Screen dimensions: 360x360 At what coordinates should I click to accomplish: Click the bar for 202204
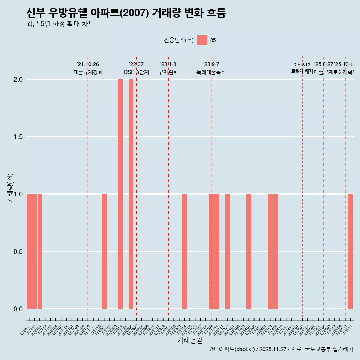pos(120,194)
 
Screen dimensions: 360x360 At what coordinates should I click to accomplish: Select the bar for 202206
pos(131,194)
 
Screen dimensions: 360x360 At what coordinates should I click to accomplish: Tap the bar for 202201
pos(104,251)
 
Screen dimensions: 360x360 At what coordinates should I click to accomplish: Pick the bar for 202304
pos(184,251)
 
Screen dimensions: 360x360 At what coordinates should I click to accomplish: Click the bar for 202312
pos(227,251)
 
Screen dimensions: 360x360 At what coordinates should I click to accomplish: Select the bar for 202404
pos(249,251)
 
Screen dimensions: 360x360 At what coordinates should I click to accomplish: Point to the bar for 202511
pos(350,251)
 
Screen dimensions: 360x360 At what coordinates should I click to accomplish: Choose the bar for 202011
pos(29,251)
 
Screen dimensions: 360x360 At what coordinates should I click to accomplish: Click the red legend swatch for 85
pos(202,40)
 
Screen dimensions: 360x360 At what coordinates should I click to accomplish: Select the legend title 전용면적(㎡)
pos(179,40)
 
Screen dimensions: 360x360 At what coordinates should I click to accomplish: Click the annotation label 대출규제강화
pos(88,72)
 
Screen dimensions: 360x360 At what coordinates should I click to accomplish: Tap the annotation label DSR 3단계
pos(136,72)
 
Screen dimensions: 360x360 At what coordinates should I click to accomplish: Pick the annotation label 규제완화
pos(168,72)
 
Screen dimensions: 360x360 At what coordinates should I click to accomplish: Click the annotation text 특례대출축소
pos(211,72)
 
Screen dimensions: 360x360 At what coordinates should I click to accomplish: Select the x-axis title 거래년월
pos(189,340)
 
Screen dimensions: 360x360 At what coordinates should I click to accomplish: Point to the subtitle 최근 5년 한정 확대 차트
pos(60,24)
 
